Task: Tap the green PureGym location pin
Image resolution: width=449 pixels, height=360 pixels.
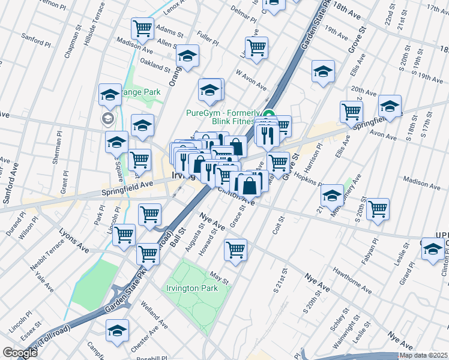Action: (x=269, y=114)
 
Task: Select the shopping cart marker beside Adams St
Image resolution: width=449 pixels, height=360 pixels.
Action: (x=143, y=28)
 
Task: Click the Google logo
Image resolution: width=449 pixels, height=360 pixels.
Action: (x=20, y=353)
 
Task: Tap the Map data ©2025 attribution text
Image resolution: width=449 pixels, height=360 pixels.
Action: (x=424, y=355)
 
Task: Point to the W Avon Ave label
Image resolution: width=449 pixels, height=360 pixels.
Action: (x=251, y=79)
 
